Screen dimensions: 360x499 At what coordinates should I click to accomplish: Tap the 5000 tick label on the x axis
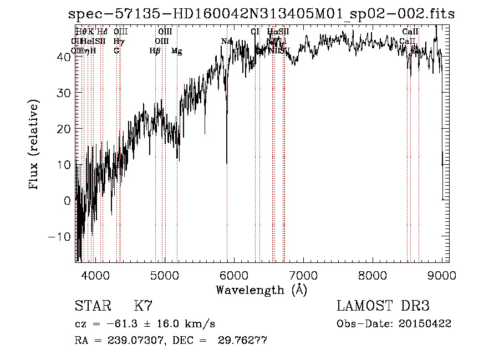pyautogui.click(x=165, y=275)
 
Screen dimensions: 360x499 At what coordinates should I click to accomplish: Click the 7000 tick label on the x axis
pyautogui.click(x=303, y=275)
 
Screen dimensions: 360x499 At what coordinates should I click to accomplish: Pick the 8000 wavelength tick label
pyautogui.click(x=373, y=275)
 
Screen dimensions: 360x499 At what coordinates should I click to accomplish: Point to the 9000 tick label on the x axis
pyautogui.click(x=442, y=275)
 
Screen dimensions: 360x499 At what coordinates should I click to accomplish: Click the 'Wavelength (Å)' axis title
pyautogui.click(x=261, y=290)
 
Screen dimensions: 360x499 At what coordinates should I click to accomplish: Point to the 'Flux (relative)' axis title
pyautogui.click(x=34, y=145)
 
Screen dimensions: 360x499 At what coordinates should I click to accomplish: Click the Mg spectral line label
pyautogui.click(x=176, y=51)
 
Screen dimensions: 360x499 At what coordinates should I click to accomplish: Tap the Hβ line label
pyautogui.click(x=155, y=51)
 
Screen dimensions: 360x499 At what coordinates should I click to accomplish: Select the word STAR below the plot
pyautogui.click(x=93, y=306)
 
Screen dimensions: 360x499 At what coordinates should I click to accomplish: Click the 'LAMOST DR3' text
pyautogui.click(x=383, y=306)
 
